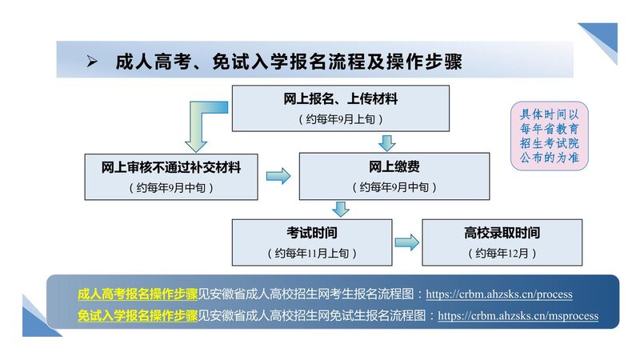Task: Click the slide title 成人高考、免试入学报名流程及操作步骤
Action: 289,62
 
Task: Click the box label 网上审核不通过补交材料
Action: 171,167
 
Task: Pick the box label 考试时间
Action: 312,234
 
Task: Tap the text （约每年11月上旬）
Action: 312,253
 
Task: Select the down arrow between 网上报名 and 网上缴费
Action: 386,142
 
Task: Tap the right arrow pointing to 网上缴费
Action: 278,176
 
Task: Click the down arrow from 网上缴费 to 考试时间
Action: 342,209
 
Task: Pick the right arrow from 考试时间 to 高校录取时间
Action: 406,242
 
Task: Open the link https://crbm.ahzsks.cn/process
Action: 498,294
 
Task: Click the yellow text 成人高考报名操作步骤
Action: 138,294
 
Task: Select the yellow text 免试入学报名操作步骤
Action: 138,315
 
